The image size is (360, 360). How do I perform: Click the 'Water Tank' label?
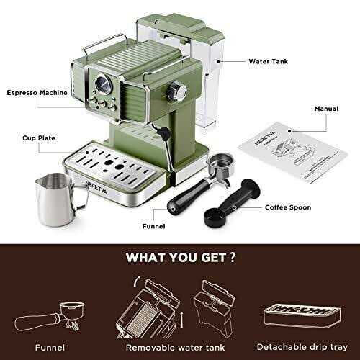click(x=267, y=62)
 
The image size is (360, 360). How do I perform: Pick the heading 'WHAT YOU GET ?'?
click(x=179, y=257)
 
